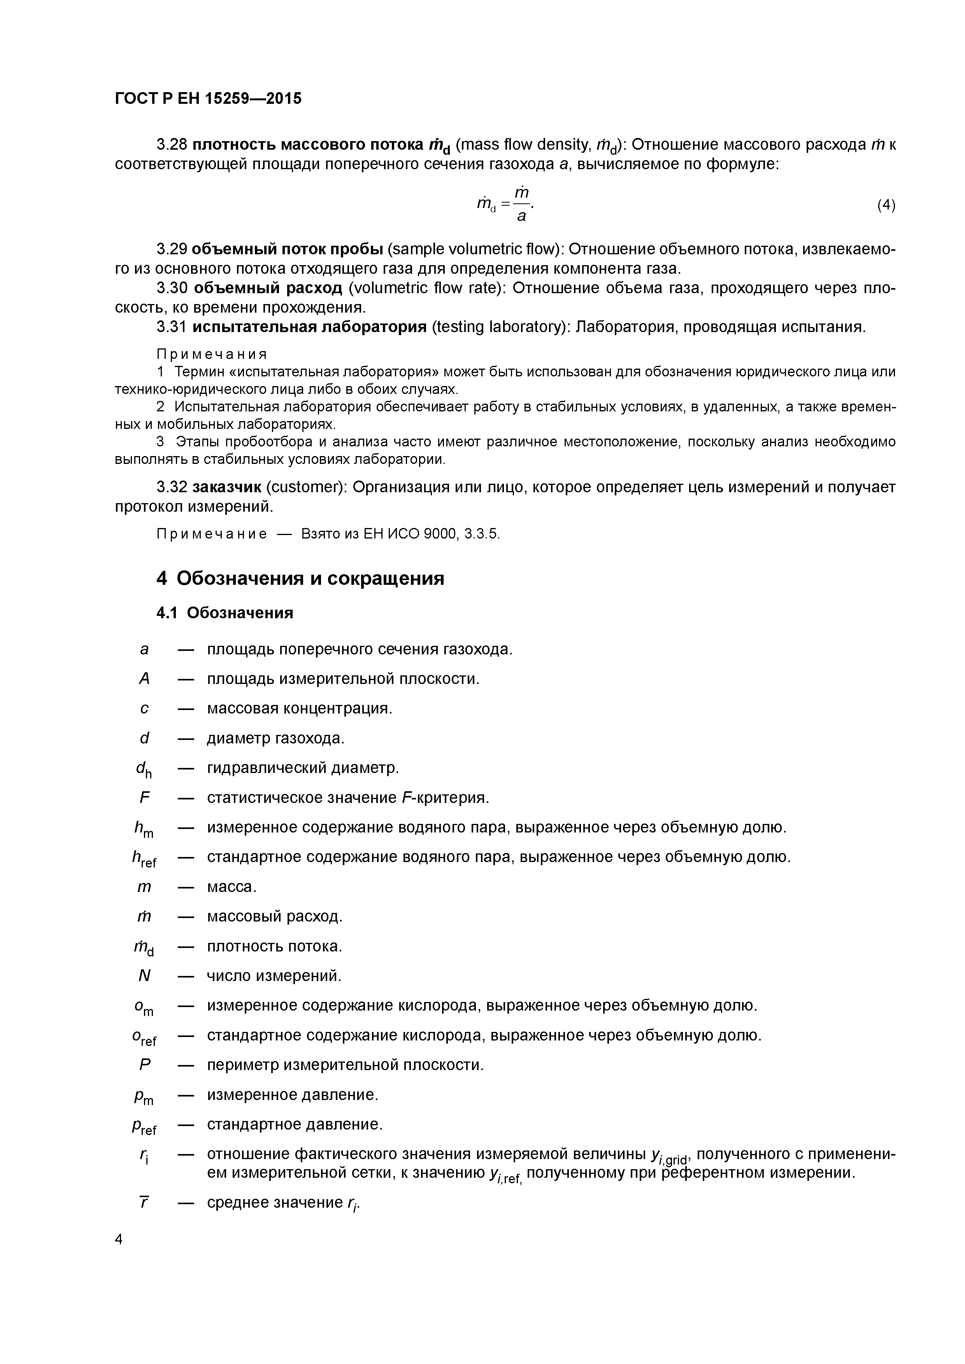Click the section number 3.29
[x=172, y=249]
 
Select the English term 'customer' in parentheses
[x=305, y=487]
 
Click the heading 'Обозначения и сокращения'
[x=311, y=578]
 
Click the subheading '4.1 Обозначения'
[x=225, y=612]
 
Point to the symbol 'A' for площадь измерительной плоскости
[x=144, y=679]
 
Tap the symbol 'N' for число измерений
[x=144, y=976]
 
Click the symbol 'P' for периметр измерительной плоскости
[x=144, y=1065]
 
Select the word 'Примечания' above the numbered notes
[x=212, y=355]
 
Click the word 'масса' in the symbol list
[x=231, y=887]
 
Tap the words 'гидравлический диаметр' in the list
[x=303, y=768]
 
